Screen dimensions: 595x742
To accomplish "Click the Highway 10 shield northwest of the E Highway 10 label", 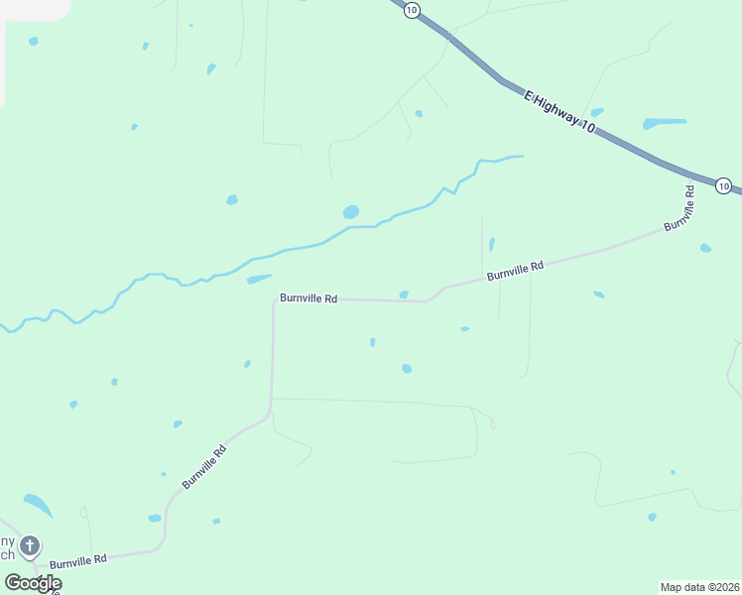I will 412,9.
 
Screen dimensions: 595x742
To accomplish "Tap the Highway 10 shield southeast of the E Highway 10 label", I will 723,185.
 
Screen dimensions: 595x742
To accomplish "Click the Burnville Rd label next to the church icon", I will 77,561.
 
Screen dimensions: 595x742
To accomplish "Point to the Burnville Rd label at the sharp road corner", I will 309,297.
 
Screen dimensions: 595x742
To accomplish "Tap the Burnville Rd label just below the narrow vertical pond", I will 516,268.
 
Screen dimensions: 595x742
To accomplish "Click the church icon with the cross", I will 30,545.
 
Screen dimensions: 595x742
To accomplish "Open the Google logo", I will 32,583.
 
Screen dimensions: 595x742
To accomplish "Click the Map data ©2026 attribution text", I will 699,586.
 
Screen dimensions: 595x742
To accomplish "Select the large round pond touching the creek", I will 350,212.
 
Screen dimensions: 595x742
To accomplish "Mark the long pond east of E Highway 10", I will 664,124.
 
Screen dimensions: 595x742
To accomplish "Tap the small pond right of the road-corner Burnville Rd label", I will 404,295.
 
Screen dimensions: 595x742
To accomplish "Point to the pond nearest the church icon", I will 37,505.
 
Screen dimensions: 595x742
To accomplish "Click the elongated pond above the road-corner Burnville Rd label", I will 259,280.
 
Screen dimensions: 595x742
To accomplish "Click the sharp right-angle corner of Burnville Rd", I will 274,299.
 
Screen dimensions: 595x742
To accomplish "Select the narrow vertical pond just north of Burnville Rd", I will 491,244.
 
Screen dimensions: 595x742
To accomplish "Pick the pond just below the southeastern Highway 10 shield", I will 705,248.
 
